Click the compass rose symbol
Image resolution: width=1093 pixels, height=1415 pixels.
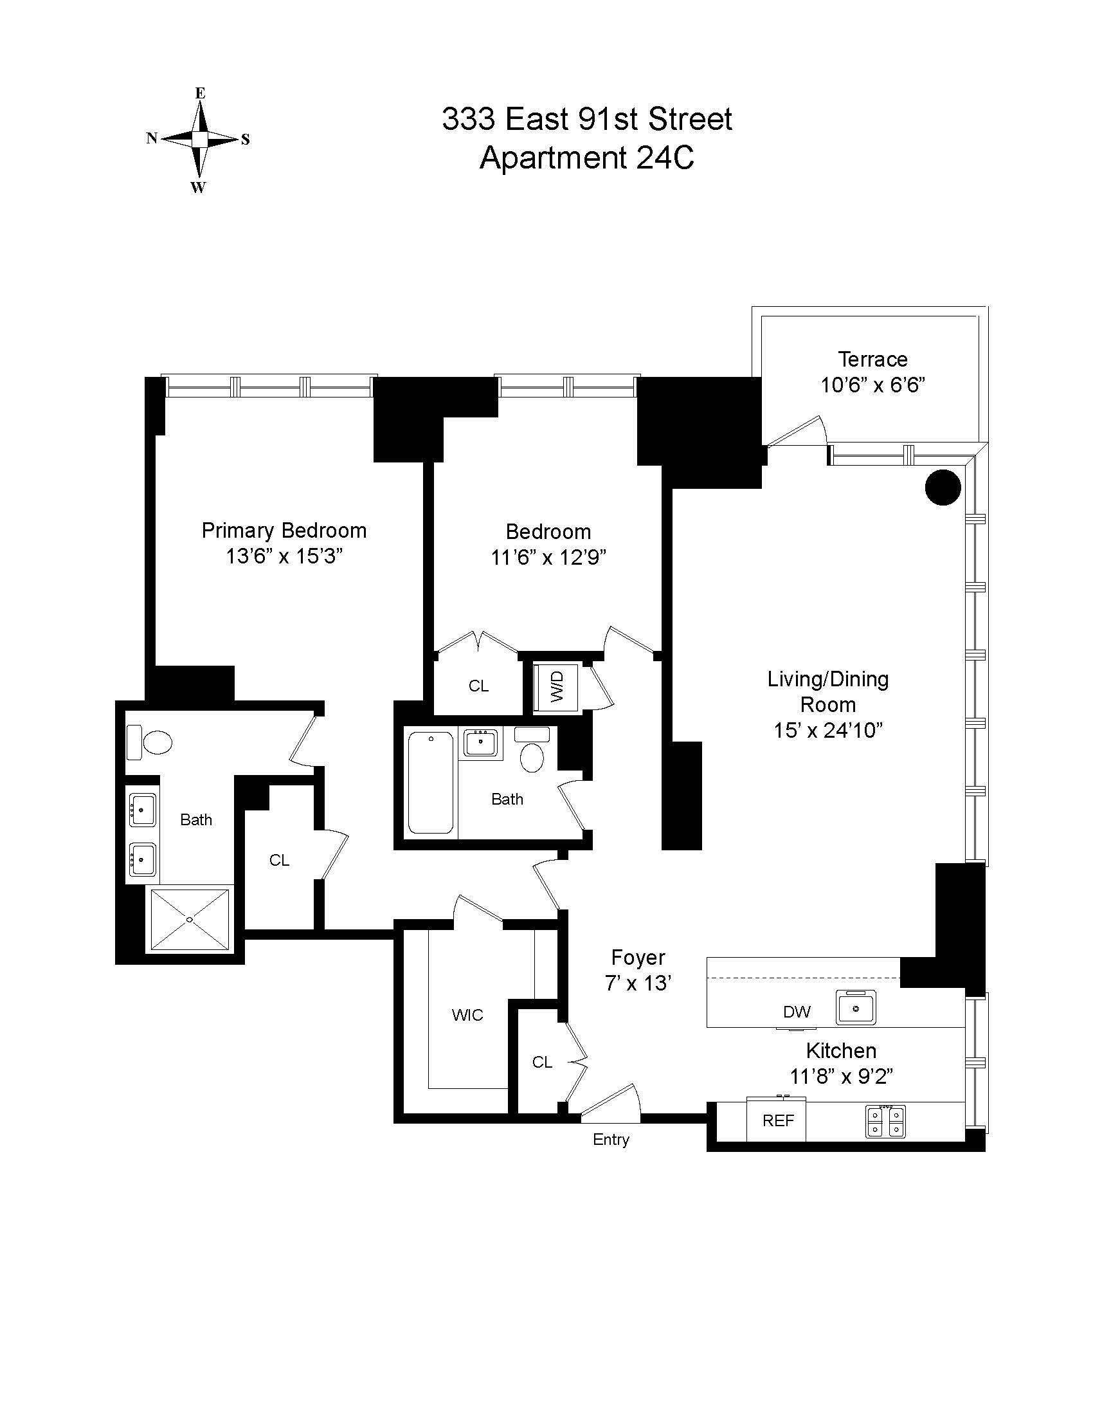pyautogui.click(x=199, y=140)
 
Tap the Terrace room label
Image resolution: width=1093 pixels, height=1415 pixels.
pyautogui.click(x=872, y=359)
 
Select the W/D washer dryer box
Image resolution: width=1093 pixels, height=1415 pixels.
pyautogui.click(x=557, y=688)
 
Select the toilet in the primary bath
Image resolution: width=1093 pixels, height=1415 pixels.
pyautogui.click(x=151, y=742)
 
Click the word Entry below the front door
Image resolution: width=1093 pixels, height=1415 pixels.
pyautogui.click(x=611, y=1158)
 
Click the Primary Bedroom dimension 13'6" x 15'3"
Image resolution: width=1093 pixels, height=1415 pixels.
pyautogui.click(x=284, y=556)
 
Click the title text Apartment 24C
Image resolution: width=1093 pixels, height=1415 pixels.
pyautogui.click(x=586, y=158)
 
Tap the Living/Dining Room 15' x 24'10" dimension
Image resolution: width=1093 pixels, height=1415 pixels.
pyautogui.click(x=828, y=731)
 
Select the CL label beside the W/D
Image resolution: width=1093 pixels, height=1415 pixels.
pyautogui.click(x=478, y=686)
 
